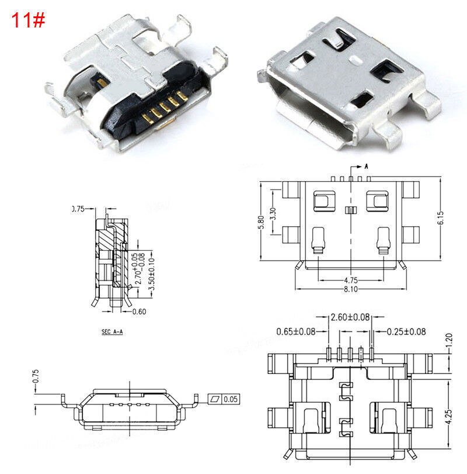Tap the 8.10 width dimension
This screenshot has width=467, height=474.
(351, 289)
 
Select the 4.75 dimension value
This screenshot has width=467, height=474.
(351, 280)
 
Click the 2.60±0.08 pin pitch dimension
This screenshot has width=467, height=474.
(350, 318)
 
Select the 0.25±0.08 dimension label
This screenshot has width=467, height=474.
(406, 331)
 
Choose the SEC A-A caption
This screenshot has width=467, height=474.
(112, 331)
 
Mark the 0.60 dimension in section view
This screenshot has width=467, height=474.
(140, 312)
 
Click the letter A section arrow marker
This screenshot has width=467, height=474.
(366, 166)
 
